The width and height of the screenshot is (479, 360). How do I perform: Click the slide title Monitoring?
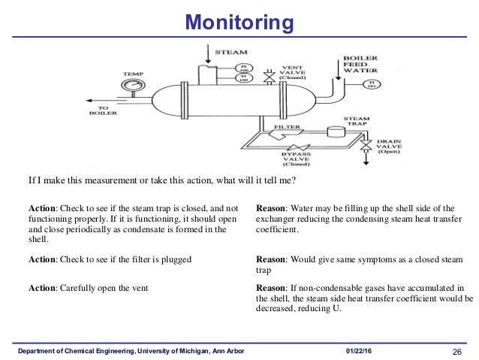(x=239, y=23)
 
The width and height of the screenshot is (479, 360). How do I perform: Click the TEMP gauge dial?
(x=134, y=86)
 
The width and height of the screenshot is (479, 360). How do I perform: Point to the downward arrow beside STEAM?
(x=207, y=54)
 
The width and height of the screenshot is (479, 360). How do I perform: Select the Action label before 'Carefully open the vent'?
(x=44, y=287)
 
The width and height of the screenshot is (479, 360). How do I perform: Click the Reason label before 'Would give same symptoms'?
(x=273, y=259)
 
